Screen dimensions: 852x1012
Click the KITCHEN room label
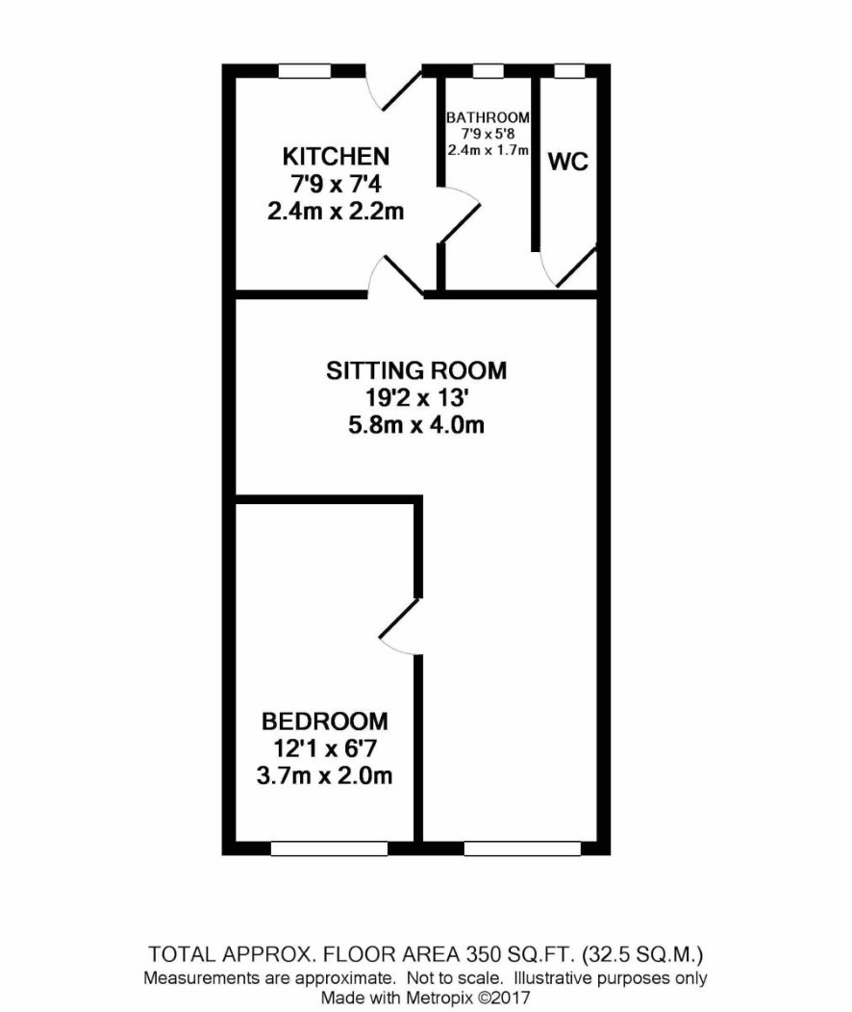336,156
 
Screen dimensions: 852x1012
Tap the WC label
568,162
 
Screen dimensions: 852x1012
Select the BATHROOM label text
488,117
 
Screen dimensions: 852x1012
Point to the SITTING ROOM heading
416,370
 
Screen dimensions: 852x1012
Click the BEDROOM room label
324,721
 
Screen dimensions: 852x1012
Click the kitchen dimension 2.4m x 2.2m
336,211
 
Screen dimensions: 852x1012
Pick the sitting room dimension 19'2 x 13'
416,397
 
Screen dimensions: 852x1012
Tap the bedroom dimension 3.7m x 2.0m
324,775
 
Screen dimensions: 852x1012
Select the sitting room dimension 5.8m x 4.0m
416,425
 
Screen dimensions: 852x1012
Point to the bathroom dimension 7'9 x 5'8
488,134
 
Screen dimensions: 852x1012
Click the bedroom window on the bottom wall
329,848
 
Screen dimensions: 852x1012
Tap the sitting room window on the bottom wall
522,848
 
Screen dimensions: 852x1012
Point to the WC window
570,71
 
